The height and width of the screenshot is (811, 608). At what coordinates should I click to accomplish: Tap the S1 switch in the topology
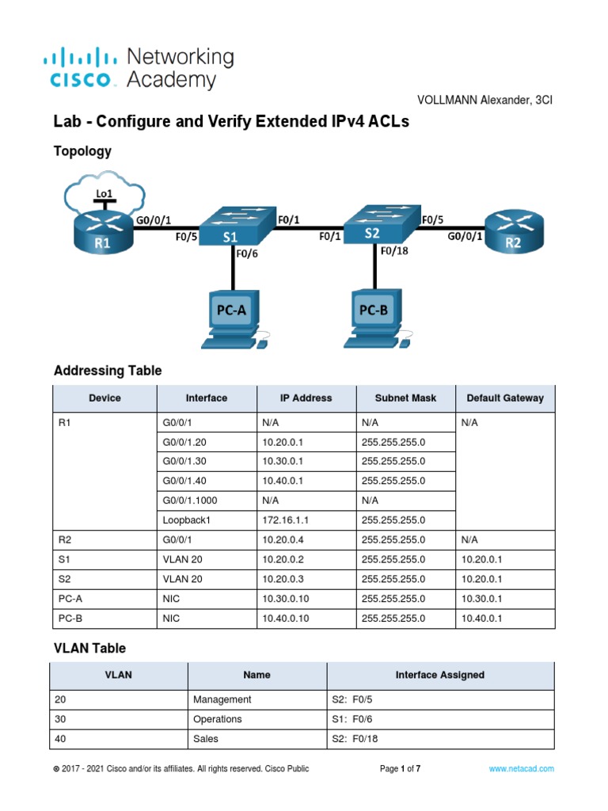[230, 227]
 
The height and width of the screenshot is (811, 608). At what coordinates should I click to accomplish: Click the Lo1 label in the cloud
[104, 193]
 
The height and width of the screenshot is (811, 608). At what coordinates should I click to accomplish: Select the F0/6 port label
[249, 253]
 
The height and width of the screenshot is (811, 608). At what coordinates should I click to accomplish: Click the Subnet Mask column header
[406, 398]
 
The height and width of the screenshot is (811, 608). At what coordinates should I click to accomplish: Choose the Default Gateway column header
[505, 398]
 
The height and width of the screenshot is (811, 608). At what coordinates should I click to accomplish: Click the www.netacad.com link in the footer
[521, 768]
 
